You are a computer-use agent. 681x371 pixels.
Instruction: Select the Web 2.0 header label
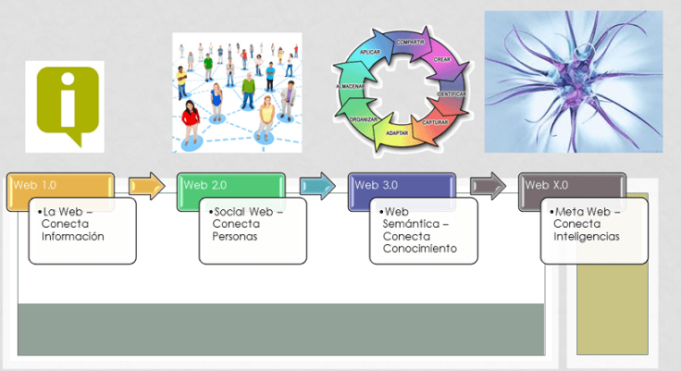(x=204, y=184)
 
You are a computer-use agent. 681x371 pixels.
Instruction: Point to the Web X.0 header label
(x=545, y=184)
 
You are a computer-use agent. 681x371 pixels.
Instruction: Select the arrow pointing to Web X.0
(x=488, y=186)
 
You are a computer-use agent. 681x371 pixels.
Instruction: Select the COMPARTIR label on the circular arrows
(x=411, y=43)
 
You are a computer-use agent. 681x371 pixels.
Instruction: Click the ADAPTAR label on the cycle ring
(x=397, y=133)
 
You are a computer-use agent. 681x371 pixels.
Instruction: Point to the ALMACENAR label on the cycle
(x=350, y=85)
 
